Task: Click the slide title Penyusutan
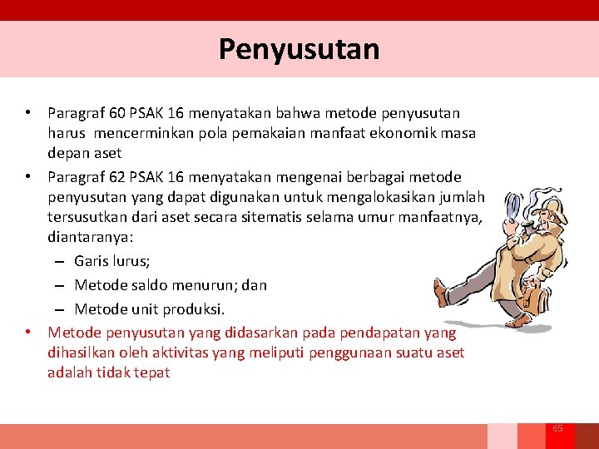(299, 49)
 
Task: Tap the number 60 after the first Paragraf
(112, 112)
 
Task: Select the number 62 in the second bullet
(112, 177)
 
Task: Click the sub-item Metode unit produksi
(150, 309)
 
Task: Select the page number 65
(557, 428)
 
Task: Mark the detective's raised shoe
(442, 292)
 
